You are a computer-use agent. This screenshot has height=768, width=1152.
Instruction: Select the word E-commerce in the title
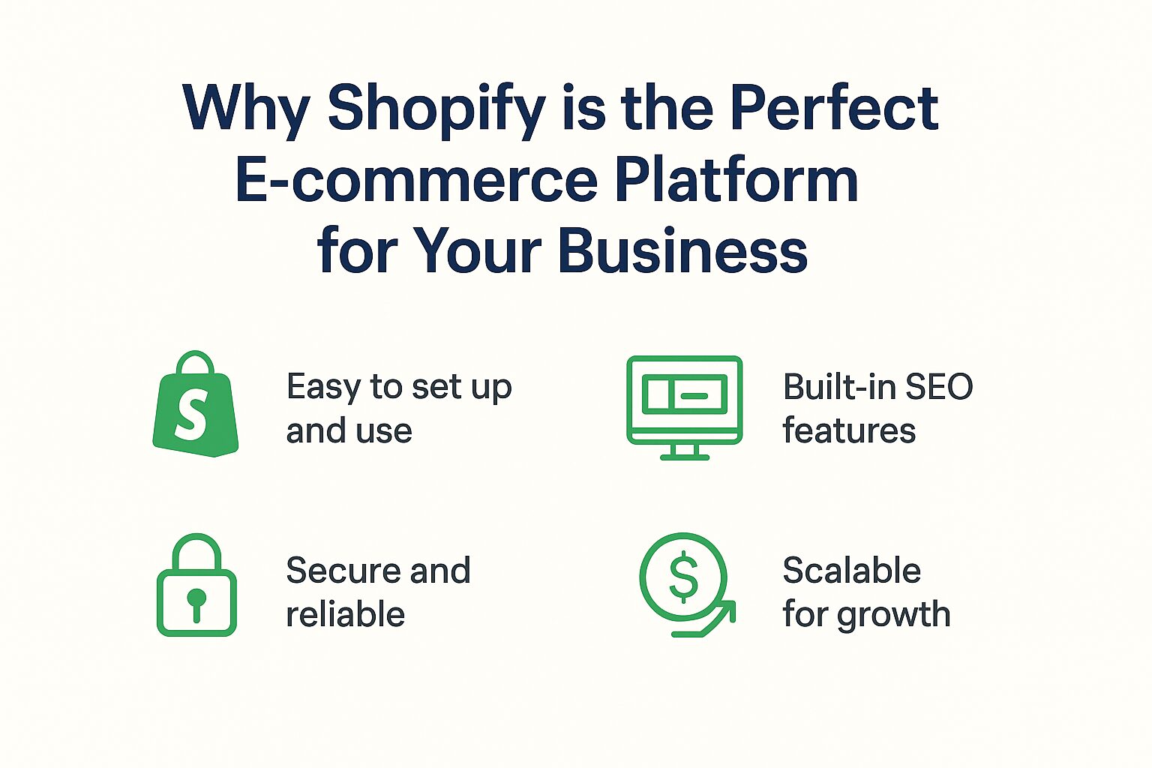click(416, 180)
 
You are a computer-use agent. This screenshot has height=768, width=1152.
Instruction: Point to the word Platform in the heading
click(736, 180)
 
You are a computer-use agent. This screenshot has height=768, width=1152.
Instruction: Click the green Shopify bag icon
click(195, 405)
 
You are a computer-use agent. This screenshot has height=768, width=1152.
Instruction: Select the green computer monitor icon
click(684, 406)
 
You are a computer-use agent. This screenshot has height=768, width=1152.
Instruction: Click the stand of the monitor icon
click(684, 451)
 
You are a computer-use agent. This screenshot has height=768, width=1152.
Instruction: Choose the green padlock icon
click(196, 585)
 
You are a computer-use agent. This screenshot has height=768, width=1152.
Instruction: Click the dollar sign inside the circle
click(683, 577)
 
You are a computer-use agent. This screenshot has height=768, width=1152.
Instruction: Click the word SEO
click(939, 387)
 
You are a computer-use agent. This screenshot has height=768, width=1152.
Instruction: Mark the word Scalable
click(851, 571)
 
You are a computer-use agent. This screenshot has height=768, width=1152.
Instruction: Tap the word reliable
click(345, 614)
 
